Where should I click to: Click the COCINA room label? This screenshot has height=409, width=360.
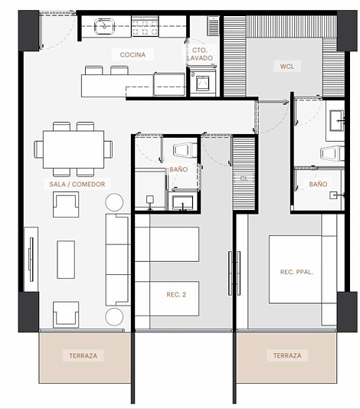click(133, 55)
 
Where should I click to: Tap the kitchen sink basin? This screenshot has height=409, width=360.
click(104, 26)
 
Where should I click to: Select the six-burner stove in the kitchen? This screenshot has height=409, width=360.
click(145, 26)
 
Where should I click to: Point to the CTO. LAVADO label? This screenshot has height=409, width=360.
click(200, 54)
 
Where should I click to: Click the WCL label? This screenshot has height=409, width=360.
click(287, 67)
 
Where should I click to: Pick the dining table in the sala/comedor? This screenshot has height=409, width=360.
click(74, 149)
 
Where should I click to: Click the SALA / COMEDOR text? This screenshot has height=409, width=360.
click(77, 184)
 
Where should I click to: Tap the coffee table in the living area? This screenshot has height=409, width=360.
click(66, 260)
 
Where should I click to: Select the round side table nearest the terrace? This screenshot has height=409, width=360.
click(114, 316)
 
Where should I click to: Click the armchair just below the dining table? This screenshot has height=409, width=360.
click(66, 204)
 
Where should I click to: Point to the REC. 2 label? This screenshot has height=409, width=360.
click(176, 295)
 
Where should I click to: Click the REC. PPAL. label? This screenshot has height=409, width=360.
click(296, 272)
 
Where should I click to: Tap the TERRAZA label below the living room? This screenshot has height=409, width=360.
click(83, 355)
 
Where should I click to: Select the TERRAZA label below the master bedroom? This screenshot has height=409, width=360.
click(287, 355)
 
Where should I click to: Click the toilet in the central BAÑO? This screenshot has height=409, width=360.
click(185, 151)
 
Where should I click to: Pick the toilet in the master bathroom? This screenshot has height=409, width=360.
click(332, 153)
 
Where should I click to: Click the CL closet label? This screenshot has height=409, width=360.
click(244, 178)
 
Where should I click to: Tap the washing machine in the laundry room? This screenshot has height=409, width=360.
click(203, 82)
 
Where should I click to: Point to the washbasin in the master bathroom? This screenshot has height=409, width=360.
click(337, 120)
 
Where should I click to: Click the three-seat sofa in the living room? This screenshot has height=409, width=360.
click(118, 260)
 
